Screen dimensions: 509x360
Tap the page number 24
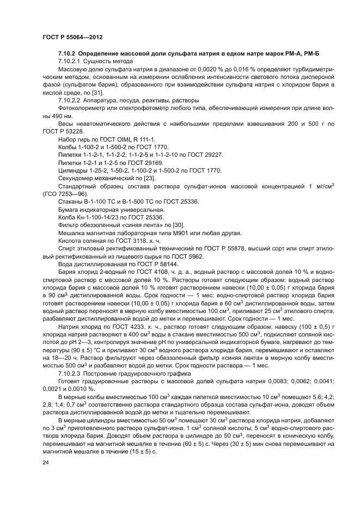[46, 462]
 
